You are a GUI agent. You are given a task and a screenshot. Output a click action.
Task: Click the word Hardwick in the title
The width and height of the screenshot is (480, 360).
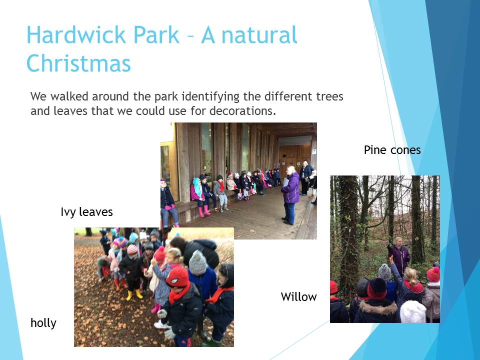pyautogui.click(x=76, y=34)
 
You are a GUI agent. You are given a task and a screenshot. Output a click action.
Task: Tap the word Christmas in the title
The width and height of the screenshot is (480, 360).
pyautogui.click(x=79, y=63)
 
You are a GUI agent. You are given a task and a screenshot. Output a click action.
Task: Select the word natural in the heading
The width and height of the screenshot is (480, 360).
pyautogui.click(x=259, y=34)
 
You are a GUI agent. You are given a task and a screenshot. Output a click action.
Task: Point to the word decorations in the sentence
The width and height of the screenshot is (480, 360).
pyautogui.click(x=243, y=111)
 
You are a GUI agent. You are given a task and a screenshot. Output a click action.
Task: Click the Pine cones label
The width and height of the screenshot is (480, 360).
pyautogui.click(x=392, y=150)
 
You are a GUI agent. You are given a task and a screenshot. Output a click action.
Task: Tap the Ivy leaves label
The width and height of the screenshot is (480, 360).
pyautogui.click(x=86, y=212)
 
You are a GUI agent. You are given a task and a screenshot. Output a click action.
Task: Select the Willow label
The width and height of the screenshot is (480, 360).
pyautogui.click(x=298, y=296)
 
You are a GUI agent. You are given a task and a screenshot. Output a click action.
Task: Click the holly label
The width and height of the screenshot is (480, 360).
pyautogui.click(x=43, y=323)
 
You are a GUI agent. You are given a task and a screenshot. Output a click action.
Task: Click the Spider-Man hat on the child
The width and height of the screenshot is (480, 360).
pyautogui.click(x=177, y=277)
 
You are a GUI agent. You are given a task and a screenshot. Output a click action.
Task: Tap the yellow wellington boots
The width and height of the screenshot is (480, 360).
pyautogui.click(x=134, y=294)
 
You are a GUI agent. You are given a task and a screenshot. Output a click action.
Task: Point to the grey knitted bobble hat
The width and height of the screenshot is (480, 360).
pyautogui.click(x=198, y=262)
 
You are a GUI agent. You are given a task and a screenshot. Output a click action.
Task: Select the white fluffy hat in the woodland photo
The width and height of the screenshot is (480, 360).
pyautogui.click(x=413, y=311)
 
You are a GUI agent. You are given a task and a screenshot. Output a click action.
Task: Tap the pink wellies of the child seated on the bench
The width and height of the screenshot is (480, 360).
pyautogui.click(x=204, y=211)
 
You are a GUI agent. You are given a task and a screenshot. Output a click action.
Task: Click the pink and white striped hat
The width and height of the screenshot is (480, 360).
pyautogui.click(x=132, y=249)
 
